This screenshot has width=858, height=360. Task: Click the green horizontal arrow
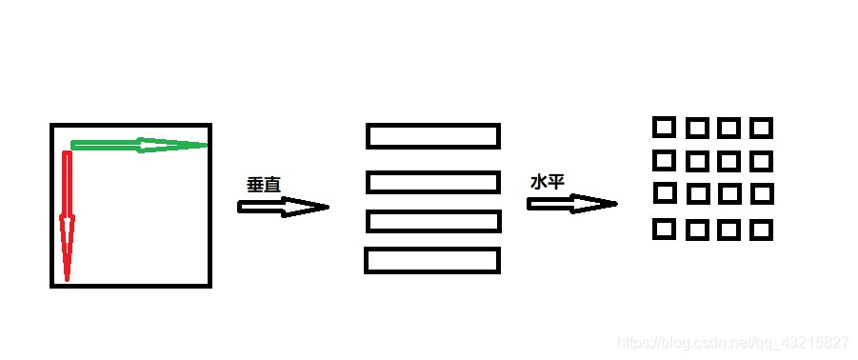(x=138, y=145)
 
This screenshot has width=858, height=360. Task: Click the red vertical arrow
(x=67, y=214)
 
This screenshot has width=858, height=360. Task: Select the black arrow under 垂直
(x=283, y=207)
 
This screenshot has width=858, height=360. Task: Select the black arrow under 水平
(x=571, y=203)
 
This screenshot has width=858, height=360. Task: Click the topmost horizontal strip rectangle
(x=433, y=136)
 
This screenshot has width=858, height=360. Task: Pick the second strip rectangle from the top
(x=433, y=181)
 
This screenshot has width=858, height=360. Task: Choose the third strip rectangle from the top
(x=433, y=221)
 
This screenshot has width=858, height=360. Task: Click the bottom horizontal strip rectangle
(x=432, y=260)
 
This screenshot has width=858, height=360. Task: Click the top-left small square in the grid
(x=664, y=127)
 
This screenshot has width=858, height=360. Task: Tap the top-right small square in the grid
(x=761, y=128)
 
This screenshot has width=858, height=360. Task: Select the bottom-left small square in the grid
(x=664, y=230)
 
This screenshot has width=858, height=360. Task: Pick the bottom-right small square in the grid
(x=761, y=230)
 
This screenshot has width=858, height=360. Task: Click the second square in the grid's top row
(x=697, y=128)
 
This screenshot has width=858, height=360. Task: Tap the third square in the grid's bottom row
(x=729, y=230)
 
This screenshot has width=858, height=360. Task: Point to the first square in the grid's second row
(x=664, y=159)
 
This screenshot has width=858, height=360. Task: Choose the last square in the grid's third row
(x=761, y=193)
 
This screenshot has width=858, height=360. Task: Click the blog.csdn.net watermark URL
(x=732, y=342)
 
